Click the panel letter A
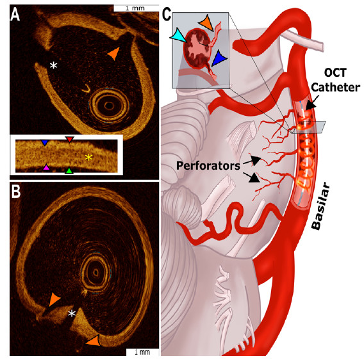click(x=15, y=15)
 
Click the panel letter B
click(x=16, y=192)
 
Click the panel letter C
click(x=166, y=14)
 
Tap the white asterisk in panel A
click(x=54, y=65)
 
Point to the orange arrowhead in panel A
click(x=114, y=53)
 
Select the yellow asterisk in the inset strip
click(x=88, y=158)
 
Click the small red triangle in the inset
click(x=69, y=139)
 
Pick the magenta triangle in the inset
click(x=46, y=167)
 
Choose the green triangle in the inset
click(x=69, y=170)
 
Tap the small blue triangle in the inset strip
click(x=45, y=142)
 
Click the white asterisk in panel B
click(x=72, y=314)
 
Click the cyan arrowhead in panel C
click(x=179, y=36)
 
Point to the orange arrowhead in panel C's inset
click(x=206, y=23)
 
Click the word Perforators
click(x=208, y=166)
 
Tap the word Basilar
click(x=320, y=206)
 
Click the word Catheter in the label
click(x=335, y=88)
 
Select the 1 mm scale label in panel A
click(x=135, y=8)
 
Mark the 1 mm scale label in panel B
click(x=142, y=352)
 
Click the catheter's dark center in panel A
click(x=109, y=106)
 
